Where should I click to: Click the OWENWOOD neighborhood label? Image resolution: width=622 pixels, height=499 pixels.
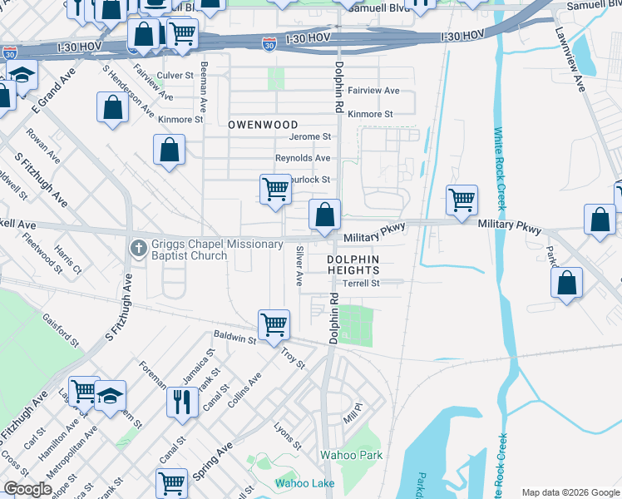click(262, 124)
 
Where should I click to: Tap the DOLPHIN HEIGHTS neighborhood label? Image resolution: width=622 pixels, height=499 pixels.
click(353, 265)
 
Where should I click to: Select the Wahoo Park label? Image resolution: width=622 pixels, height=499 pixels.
click(352, 455)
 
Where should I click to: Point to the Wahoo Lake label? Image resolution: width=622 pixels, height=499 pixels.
click(304, 483)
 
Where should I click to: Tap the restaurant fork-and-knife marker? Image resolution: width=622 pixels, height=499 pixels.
click(182, 402)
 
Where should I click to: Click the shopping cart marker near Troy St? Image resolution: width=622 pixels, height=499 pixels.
click(274, 324)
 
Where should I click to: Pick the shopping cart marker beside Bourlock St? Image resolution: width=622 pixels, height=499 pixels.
click(275, 188)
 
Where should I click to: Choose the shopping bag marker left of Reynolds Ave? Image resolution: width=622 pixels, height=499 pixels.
click(169, 151)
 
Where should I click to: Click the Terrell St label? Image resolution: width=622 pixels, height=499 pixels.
click(361, 283)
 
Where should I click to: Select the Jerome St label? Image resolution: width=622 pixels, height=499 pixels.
click(309, 136)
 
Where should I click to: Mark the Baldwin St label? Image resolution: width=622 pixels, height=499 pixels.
click(234, 338)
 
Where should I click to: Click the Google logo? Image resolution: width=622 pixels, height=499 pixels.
click(27, 489)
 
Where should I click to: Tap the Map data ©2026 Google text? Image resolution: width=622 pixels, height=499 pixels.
click(570, 492)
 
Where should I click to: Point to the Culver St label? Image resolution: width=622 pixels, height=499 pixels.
click(175, 75)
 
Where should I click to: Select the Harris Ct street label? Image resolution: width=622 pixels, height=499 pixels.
click(68, 259)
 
